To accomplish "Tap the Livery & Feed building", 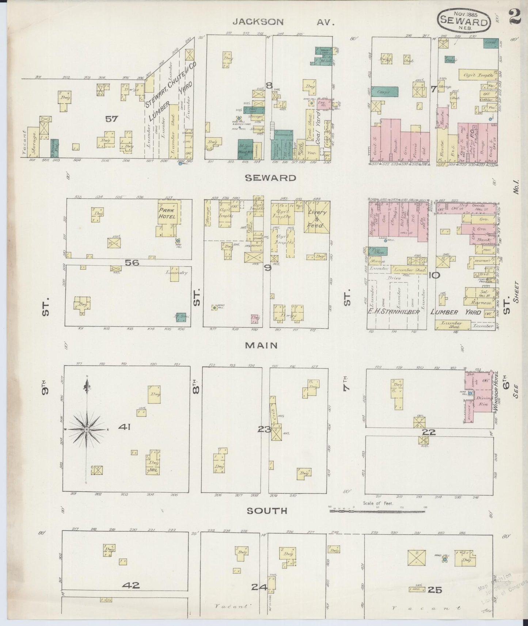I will click(x=316, y=218).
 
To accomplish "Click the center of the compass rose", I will click(x=87, y=430).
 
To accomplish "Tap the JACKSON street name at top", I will click(x=258, y=22).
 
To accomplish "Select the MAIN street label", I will click(x=261, y=345).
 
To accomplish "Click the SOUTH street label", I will click(x=267, y=511).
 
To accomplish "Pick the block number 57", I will click(x=112, y=118).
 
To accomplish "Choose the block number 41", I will click(x=124, y=427).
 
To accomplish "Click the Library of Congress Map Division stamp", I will click(x=501, y=588).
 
